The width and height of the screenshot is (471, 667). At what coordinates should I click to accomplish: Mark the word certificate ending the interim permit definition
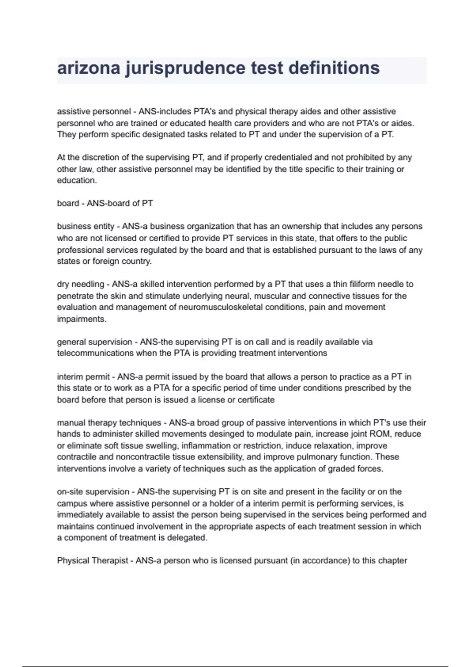256,400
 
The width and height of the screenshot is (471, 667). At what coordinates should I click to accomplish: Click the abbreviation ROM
380,434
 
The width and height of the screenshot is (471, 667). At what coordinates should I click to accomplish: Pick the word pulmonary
318,457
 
